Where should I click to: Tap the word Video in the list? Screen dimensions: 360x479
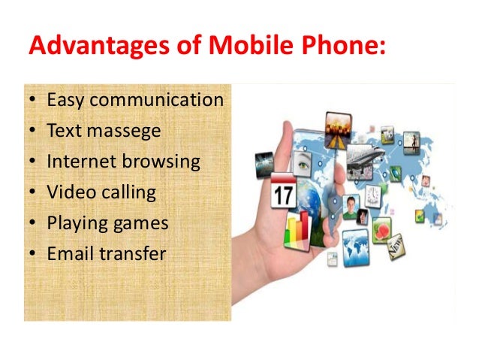tap(68, 192)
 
